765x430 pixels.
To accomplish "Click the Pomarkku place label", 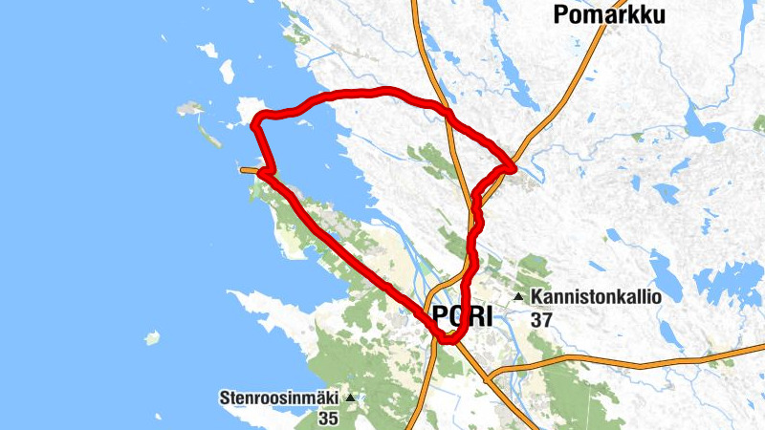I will [608, 14].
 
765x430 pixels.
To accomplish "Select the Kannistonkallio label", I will [596, 297].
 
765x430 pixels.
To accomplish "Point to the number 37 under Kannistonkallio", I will [541, 320].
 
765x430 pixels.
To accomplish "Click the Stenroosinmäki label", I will [280, 397].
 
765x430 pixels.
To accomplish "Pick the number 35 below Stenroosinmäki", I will [328, 419].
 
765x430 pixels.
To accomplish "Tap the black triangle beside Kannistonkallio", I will [518, 297].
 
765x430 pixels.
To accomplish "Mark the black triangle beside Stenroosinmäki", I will [351, 397].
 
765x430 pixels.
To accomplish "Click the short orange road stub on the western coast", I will [249, 170].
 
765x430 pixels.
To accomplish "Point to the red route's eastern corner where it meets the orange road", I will [512, 168].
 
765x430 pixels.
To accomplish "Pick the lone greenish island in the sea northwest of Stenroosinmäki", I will [151, 337].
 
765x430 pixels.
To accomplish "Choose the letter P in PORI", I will [441, 315].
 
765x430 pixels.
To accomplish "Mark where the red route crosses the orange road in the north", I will [446, 113].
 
